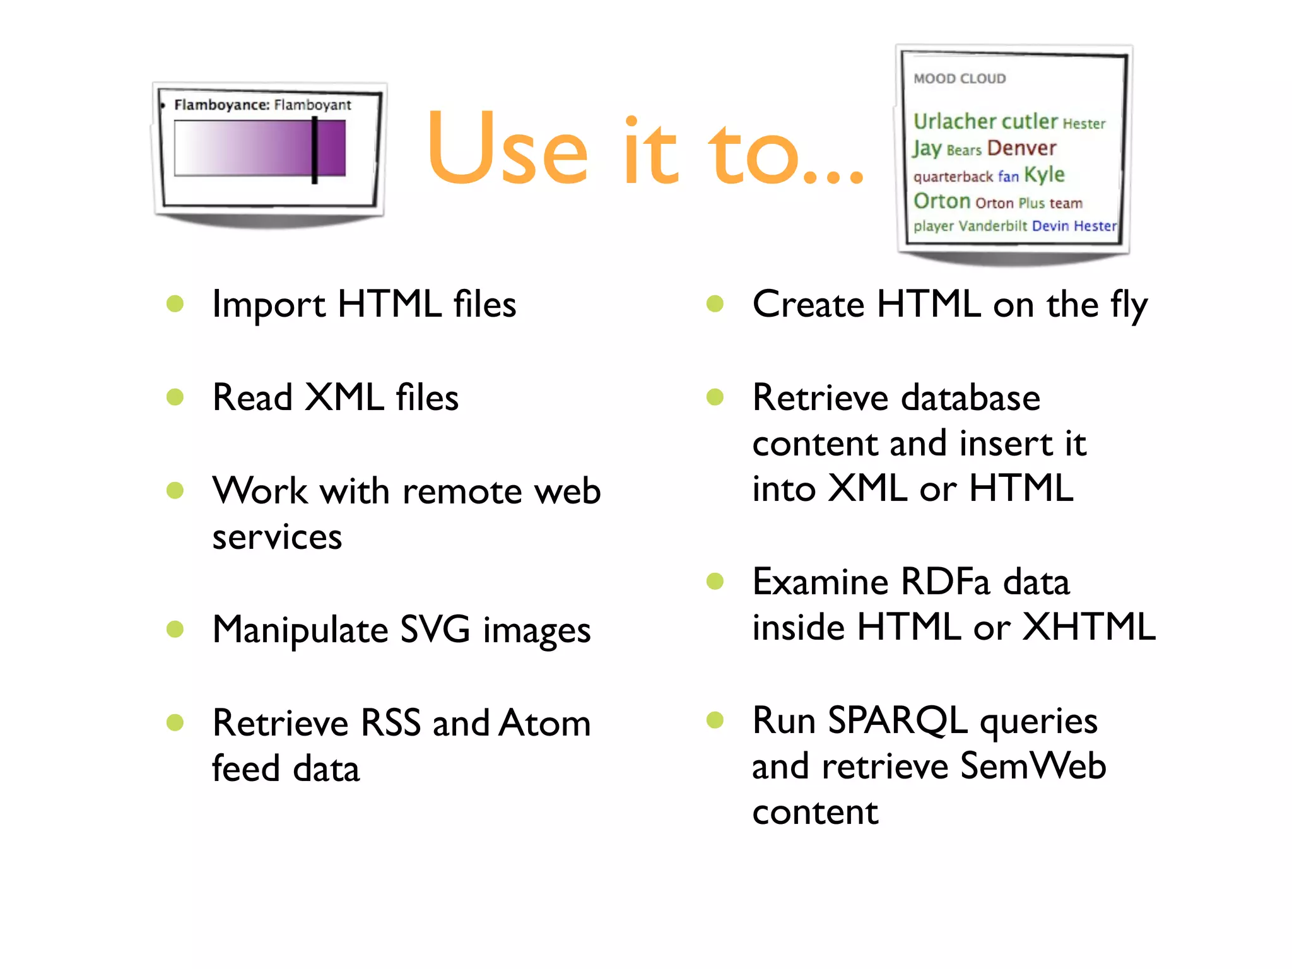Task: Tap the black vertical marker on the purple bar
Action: tap(314, 150)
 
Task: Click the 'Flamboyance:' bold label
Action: tap(221, 105)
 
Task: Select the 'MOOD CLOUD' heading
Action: tap(960, 79)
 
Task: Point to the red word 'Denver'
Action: tap(1021, 148)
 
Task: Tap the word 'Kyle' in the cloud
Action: tap(1044, 175)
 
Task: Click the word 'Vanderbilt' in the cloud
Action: tap(992, 226)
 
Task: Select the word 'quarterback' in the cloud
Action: tap(953, 177)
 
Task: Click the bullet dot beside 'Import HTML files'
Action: tap(175, 304)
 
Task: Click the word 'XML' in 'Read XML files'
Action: tap(344, 397)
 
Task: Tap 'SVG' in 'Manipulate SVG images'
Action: tap(435, 630)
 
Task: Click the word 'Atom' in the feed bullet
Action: tap(544, 723)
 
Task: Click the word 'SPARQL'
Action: tap(897, 720)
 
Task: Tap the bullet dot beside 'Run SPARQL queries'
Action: tap(715, 720)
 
